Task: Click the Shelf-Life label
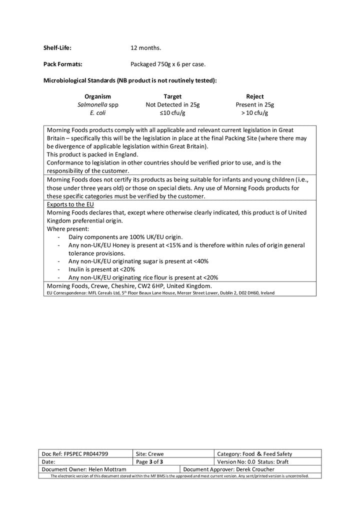coord(57,48)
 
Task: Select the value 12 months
coord(146,48)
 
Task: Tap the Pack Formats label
coord(63,64)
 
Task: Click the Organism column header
coord(98,96)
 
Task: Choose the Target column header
coord(172,96)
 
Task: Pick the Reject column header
coord(255,96)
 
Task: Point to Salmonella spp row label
coord(98,105)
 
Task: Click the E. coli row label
coord(98,113)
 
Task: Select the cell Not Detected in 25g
coord(172,105)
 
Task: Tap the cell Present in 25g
coord(255,105)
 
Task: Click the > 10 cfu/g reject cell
coord(255,113)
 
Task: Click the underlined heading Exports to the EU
coord(70,204)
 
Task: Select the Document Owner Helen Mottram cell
coord(84,469)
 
